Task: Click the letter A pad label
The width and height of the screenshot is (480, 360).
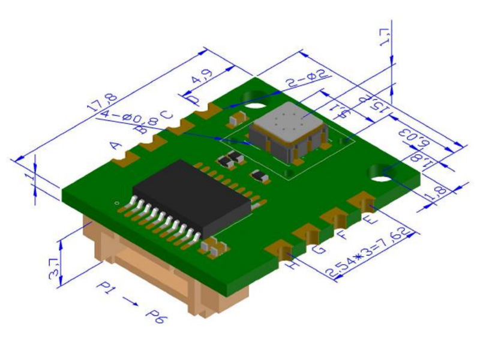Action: (116, 145)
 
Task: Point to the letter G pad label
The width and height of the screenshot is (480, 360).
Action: (319, 247)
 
